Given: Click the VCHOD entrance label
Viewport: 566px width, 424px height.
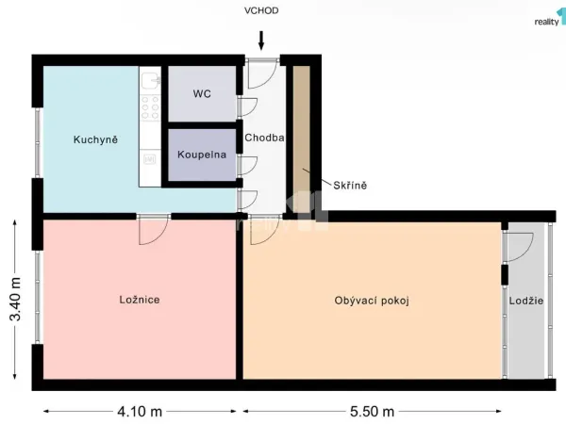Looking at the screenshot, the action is (261, 10).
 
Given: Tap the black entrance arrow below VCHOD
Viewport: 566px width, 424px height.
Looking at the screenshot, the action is (261, 41).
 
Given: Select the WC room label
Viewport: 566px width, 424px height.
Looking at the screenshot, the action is (202, 93).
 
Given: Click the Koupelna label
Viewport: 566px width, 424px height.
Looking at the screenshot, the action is (202, 155).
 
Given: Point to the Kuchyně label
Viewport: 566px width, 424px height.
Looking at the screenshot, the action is (95, 139).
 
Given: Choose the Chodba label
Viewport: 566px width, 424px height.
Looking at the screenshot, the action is (264, 138).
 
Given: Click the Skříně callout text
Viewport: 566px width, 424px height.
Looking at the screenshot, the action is (350, 186).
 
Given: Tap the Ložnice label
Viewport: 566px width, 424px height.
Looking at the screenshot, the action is (140, 300).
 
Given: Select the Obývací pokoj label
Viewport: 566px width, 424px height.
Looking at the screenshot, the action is (372, 301).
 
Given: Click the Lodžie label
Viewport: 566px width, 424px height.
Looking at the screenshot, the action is (526, 301).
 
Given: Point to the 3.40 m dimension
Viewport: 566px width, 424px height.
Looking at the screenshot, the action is (15, 300).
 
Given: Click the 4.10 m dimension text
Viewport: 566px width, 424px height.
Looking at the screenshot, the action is (140, 412).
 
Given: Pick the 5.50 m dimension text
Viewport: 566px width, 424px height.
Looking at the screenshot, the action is (372, 412).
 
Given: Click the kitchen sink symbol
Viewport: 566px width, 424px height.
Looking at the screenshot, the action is (151, 80).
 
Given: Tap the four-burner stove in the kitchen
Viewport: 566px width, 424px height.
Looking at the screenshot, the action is (150, 107).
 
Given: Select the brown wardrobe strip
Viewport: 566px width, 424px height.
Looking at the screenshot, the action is (302, 138).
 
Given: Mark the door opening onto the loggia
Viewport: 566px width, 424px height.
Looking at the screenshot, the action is (518, 247).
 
